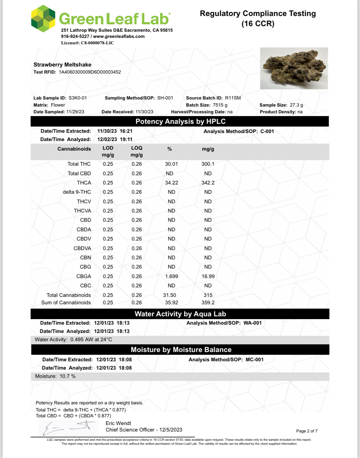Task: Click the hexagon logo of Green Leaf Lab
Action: click(43, 18)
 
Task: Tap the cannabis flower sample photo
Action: click(294, 68)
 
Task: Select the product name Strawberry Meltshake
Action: click(62, 65)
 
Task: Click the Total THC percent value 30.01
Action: click(171, 164)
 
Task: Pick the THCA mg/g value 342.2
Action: click(208, 183)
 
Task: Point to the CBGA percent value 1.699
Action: click(171, 276)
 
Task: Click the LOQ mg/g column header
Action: click(137, 151)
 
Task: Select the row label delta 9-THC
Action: click(77, 192)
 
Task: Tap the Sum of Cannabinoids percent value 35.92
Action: click(171, 302)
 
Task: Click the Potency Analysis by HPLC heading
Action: click(180, 121)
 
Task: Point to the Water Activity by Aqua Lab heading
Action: click(180, 314)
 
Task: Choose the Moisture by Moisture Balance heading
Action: click(181, 350)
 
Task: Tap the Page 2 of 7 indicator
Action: click(306, 431)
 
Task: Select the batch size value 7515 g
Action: click(220, 105)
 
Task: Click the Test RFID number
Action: click(90, 72)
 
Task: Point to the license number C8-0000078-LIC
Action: click(97, 43)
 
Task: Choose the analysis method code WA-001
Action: click(252, 323)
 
